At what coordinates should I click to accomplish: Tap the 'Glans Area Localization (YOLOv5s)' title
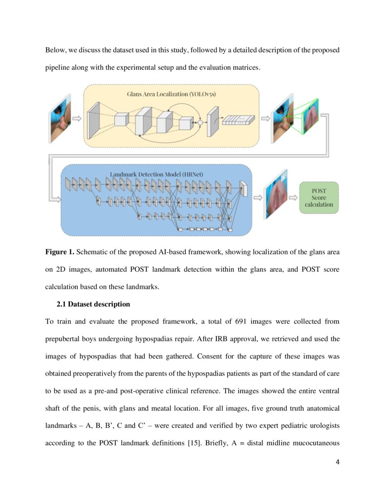coord(171,94)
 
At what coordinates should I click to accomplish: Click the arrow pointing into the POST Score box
coord(294,197)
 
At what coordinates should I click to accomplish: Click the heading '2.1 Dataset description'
coord(93,304)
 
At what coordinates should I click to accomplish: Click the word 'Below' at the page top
coord(55,50)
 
